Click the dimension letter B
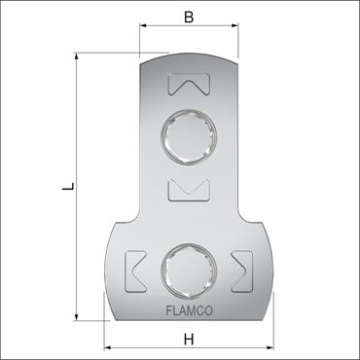pyautogui.click(x=189, y=17)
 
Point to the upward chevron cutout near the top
pyautogui.click(x=189, y=87)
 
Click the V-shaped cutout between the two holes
pyautogui.click(x=189, y=189)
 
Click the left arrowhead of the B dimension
pyautogui.click(x=143, y=30)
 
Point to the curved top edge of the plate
pyautogui.click(x=189, y=56)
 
